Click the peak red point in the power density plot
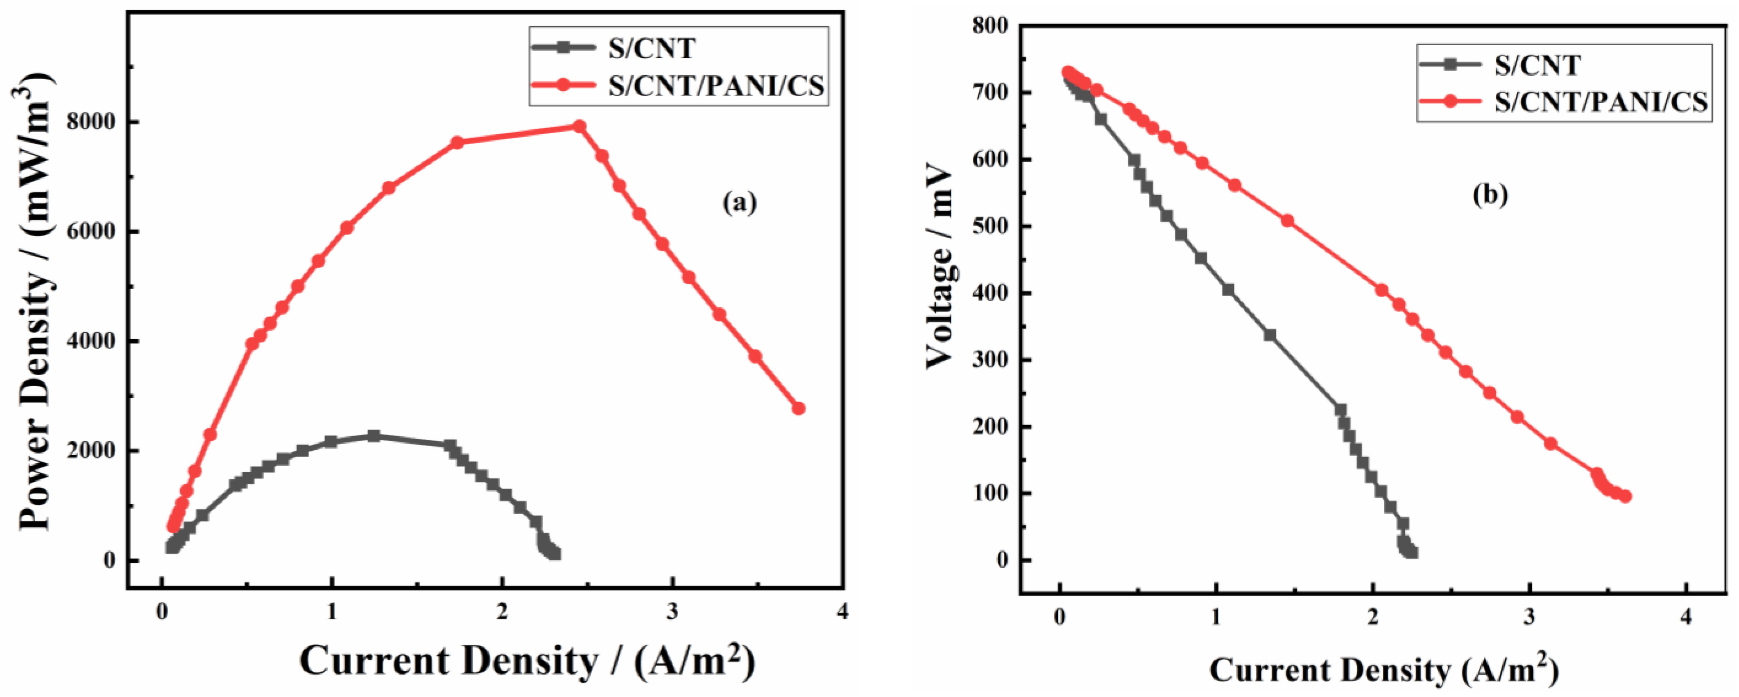(579, 126)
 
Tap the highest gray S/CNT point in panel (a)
(374, 436)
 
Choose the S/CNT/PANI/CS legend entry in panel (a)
(716, 86)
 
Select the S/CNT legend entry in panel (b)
(1537, 65)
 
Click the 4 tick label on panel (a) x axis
(842, 611)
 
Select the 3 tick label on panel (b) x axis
(1529, 617)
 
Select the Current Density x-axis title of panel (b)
(1384, 670)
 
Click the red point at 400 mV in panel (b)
(1381, 290)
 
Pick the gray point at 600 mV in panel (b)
(1134, 160)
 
